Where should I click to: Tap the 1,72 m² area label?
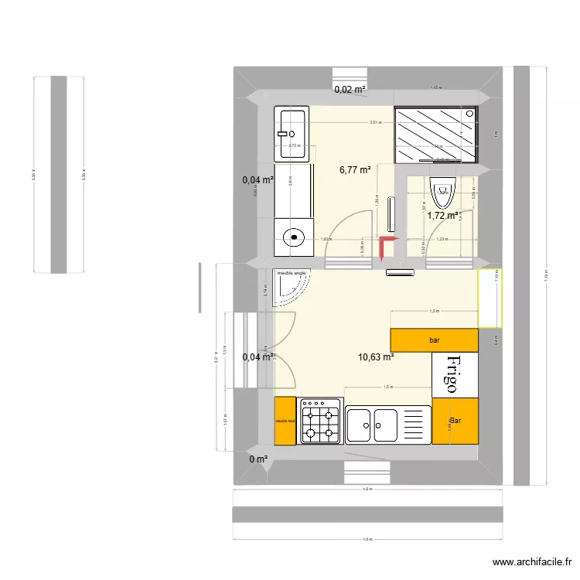pyautogui.click(x=443, y=216)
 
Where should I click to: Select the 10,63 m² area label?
pyautogui.click(x=376, y=357)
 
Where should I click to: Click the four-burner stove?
pyautogui.click(x=321, y=421)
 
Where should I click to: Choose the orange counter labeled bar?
pyautogui.click(x=434, y=339)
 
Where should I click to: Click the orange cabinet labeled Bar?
pyautogui.click(x=455, y=421)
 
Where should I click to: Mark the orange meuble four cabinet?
pyautogui.click(x=285, y=421)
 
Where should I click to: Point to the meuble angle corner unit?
pyautogui.click(x=291, y=286)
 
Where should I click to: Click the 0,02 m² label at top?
pyautogui.click(x=350, y=90)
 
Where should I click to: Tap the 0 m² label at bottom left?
pyautogui.click(x=258, y=459)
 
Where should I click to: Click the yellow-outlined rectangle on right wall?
pyautogui.click(x=490, y=298)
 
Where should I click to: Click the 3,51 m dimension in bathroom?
pyautogui.click(x=375, y=122)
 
